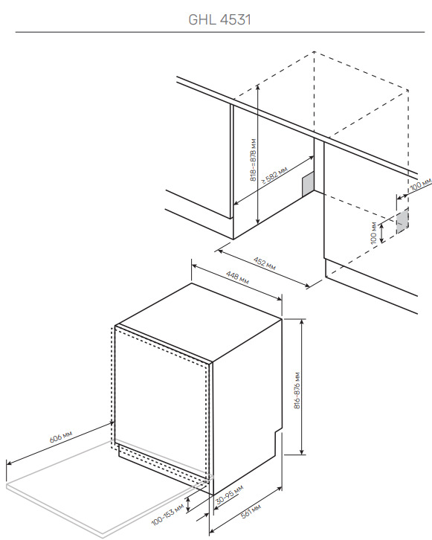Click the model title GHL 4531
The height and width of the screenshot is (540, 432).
[220, 19]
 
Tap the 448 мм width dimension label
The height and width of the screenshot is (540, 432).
[237, 278]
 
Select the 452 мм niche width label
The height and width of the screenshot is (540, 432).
[265, 263]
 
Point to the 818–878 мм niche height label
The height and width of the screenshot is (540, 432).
[254, 160]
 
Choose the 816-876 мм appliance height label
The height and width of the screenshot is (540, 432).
[297, 390]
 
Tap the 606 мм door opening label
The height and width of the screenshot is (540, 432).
[61, 437]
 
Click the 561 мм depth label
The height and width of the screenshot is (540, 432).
[251, 511]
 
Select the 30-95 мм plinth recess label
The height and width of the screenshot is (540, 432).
[229, 495]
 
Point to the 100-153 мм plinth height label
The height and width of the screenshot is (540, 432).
[168, 515]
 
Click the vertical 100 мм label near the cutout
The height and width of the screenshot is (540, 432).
[374, 233]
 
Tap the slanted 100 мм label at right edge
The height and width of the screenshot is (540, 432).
[421, 184]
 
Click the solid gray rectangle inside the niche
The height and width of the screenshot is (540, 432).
[308, 184]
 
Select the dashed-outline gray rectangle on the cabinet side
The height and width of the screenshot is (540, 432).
[402, 220]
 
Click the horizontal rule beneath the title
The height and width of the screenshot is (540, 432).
[220, 32]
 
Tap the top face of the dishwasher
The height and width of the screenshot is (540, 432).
[199, 321]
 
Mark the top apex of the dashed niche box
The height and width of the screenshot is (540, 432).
[314, 51]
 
